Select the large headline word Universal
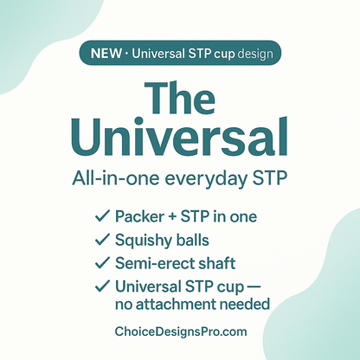tap(179, 138)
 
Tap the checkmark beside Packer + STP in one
tap(99, 215)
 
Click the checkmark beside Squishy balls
tap(99, 239)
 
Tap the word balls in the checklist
tap(197, 239)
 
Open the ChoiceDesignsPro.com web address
tap(180, 331)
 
